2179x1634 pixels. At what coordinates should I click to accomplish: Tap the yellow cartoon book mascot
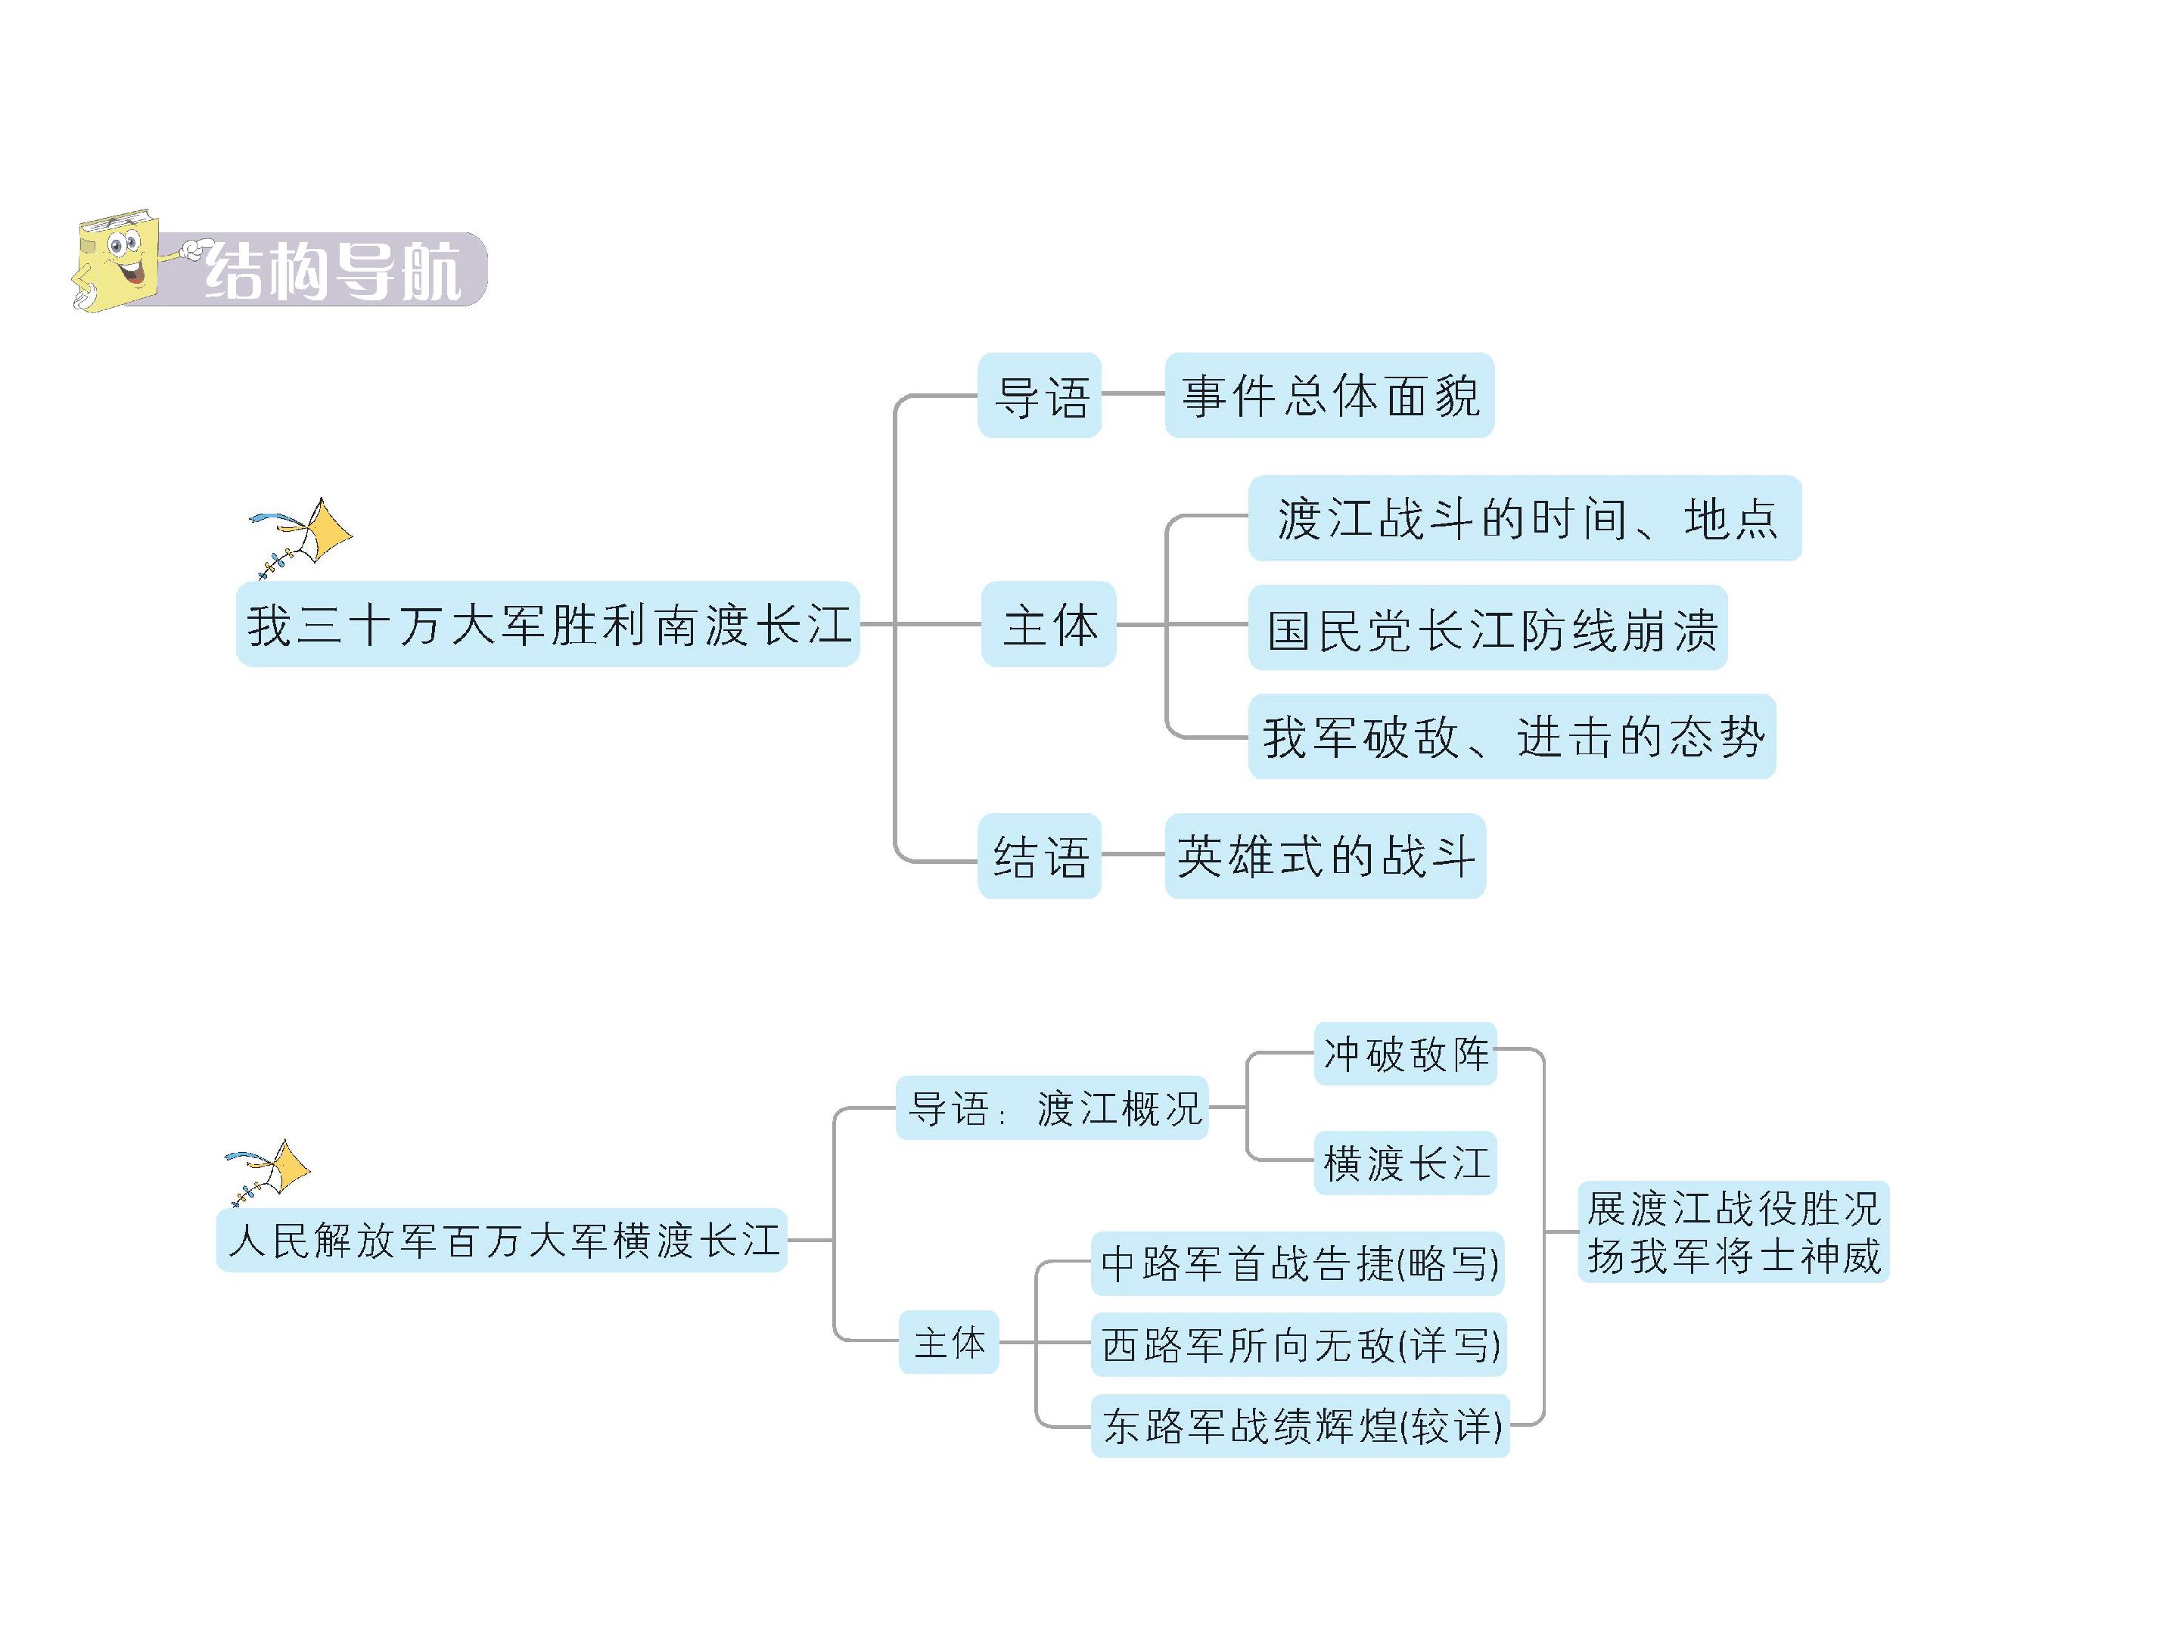click(117, 260)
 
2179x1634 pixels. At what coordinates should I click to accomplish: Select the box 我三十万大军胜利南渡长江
click(548, 624)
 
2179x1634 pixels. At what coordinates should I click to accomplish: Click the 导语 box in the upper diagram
click(1040, 396)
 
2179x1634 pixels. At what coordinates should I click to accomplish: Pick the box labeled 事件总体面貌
click(1329, 396)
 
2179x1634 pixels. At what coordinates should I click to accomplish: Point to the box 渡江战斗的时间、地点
click(1524, 519)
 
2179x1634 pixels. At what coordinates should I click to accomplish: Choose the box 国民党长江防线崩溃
click(1487, 629)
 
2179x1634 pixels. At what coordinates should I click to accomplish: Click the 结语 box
click(1040, 856)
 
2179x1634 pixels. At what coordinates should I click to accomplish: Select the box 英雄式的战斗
click(1325, 856)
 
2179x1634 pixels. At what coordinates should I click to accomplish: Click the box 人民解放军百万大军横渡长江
click(502, 1240)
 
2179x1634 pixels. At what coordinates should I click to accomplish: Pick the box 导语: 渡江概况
click(1052, 1108)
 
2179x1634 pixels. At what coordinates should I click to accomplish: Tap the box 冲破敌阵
click(1405, 1054)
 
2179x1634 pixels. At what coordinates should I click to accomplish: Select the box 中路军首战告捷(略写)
click(1298, 1263)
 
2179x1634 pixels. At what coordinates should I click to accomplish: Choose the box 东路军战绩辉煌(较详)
click(1301, 1426)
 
